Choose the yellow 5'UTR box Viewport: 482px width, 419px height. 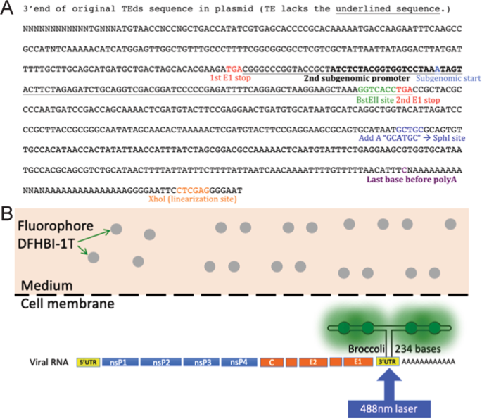click(88, 363)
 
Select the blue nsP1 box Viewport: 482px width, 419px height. click(120, 363)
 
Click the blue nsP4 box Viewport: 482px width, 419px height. click(239, 363)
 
